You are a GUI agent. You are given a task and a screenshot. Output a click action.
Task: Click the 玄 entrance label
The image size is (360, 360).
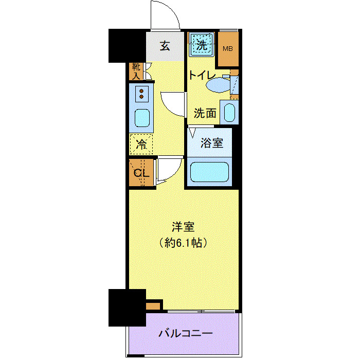coord(165,46)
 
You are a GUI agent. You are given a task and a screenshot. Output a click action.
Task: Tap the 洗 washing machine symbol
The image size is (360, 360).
coord(202,45)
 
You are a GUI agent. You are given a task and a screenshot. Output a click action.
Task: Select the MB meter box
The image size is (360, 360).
coord(227,49)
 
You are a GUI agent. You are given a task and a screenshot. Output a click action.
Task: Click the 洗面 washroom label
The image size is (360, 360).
coord(205,113)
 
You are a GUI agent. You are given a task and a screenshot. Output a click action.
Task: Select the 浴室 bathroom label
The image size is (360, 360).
coord(212,142)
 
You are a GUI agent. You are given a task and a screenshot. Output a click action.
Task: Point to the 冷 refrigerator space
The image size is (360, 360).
coord(141,145)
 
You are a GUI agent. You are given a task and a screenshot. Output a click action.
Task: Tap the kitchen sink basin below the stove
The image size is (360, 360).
coord(141,118)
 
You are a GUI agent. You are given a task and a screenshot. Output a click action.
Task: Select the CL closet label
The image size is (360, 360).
coord(141,173)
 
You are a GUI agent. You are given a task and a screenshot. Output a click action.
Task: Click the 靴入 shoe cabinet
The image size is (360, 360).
coord(136,71)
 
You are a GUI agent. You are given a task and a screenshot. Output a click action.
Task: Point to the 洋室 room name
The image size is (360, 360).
coord(184,227)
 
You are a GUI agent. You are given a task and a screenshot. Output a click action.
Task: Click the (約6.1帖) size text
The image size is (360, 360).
coord(184,243)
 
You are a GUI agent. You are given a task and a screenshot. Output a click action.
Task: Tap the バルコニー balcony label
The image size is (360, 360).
coord(185,333)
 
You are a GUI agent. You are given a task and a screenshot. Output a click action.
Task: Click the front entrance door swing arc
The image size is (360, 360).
coord(165,15)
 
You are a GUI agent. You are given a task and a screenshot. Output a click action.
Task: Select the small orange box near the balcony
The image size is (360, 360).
coord(153,306)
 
